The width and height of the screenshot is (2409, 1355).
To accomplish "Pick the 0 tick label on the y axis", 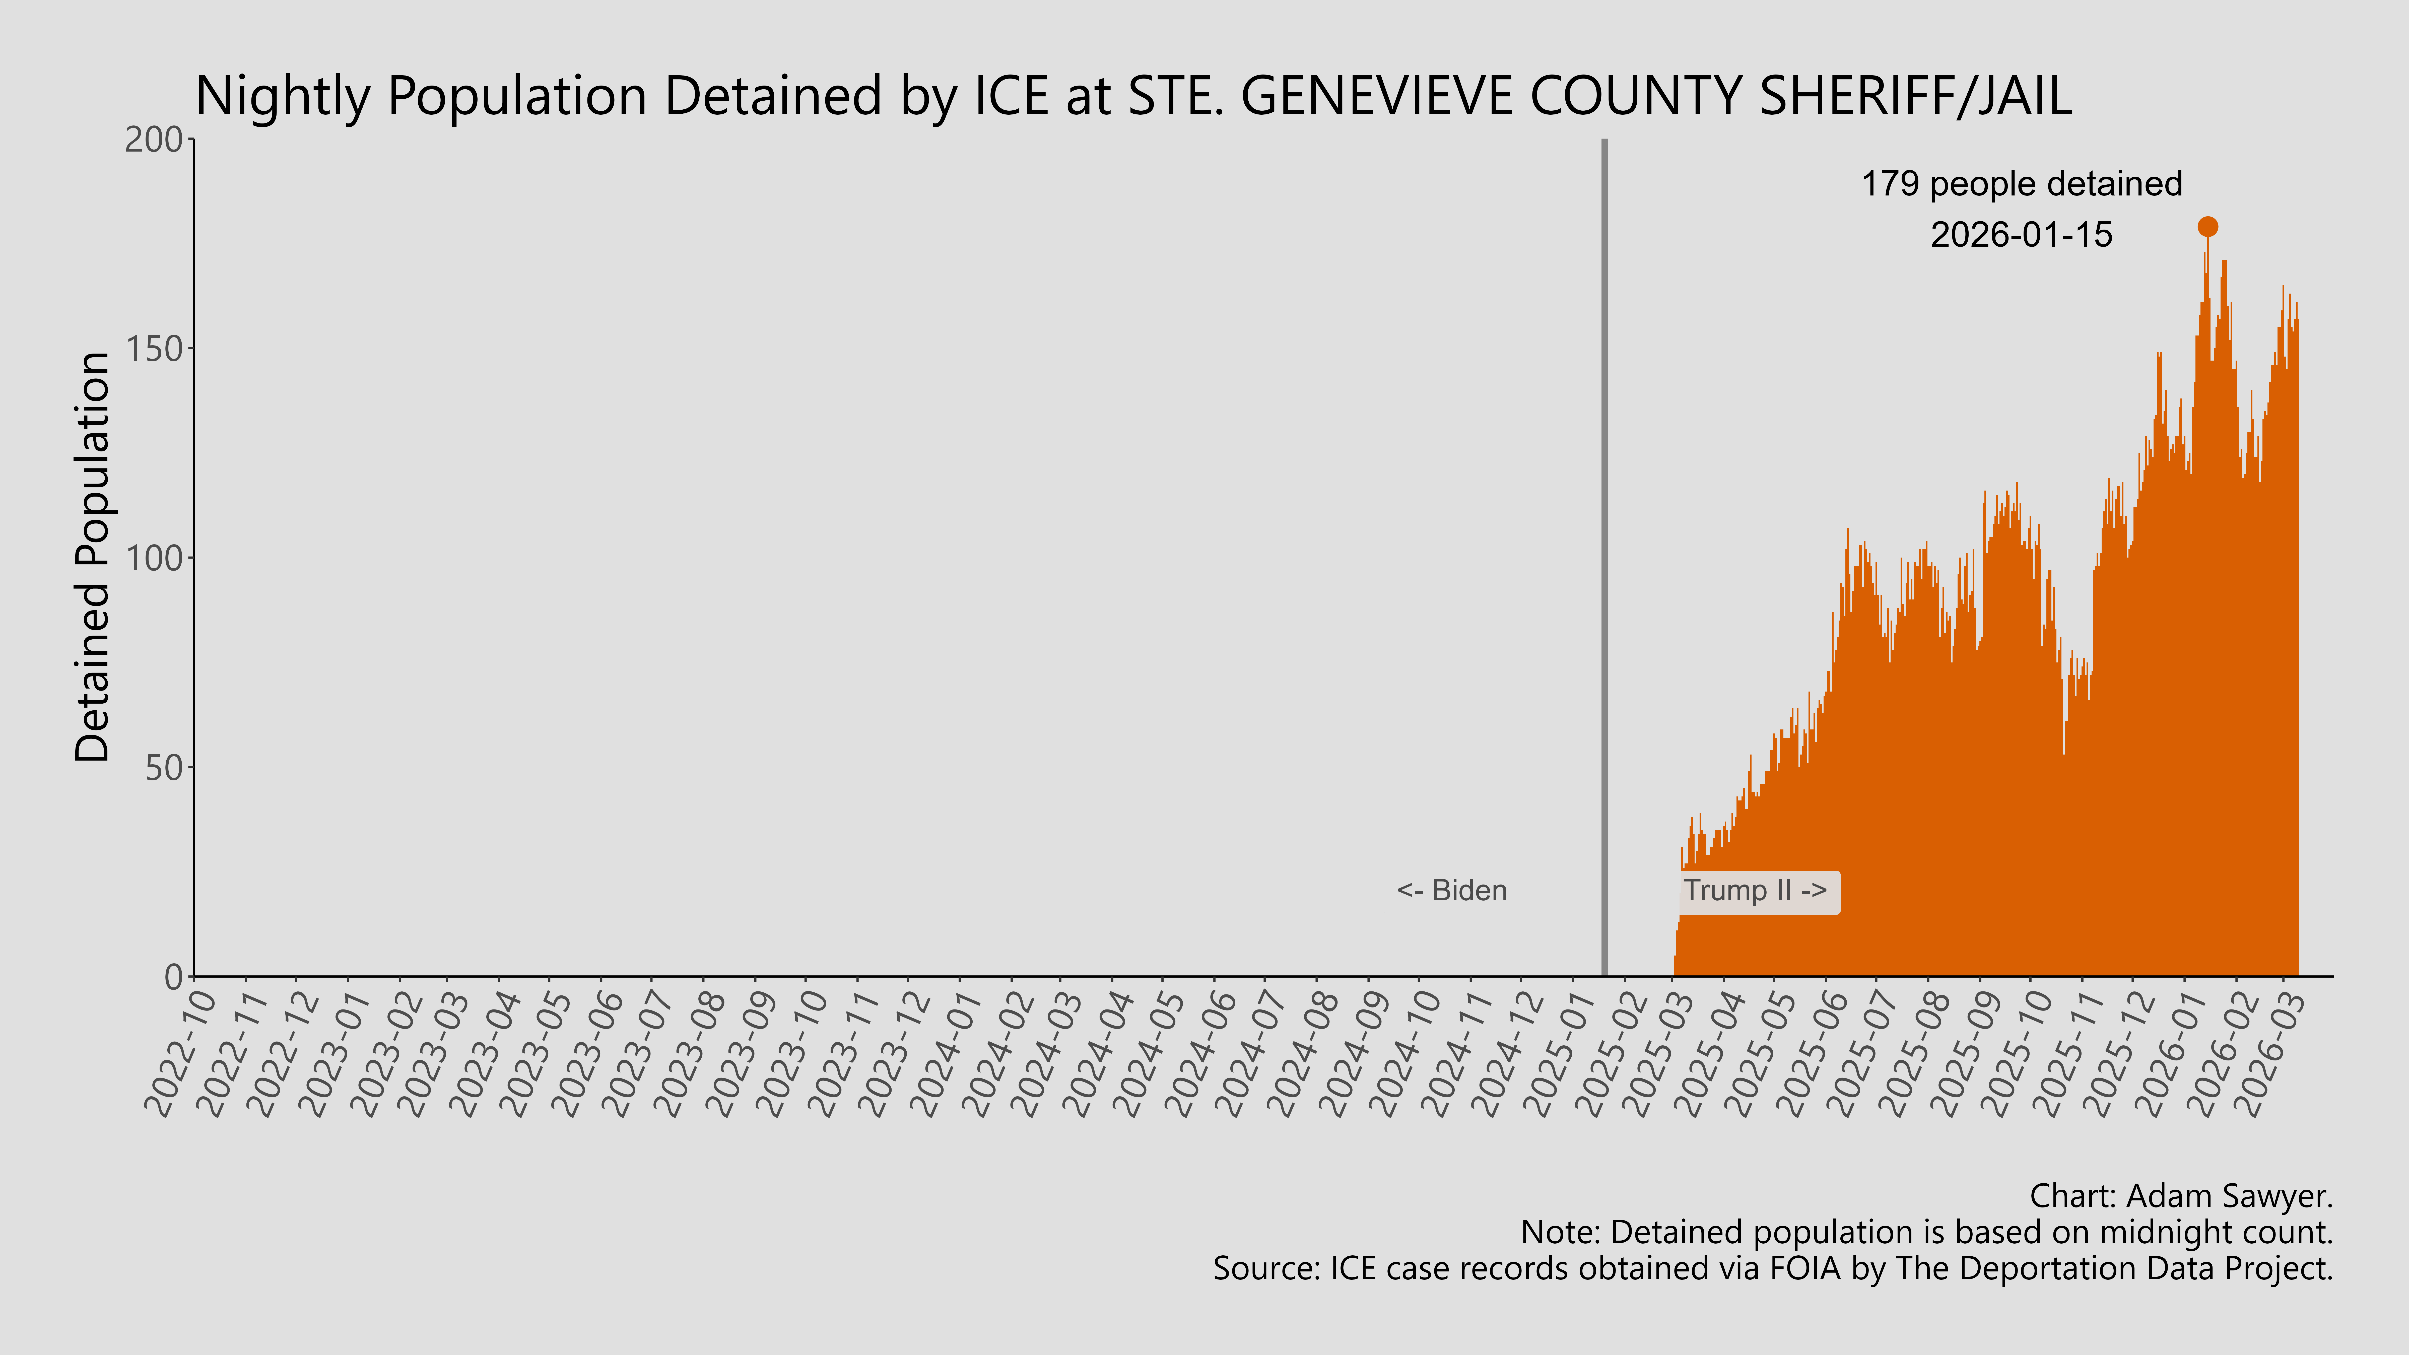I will tap(174, 977).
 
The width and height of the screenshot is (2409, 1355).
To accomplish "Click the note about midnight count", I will tap(1926, 1233).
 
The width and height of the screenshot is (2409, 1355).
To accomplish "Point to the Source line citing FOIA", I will tap(1772, 1269).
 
